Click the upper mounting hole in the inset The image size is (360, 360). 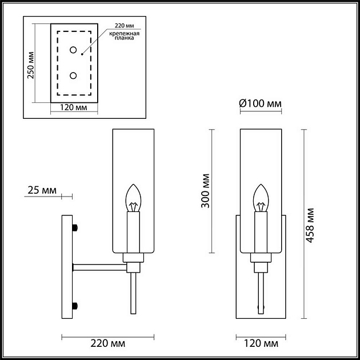click(x=73, y=51)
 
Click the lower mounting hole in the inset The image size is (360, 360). click(x=73, y=75)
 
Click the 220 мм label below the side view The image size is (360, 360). click(x=107, y=344)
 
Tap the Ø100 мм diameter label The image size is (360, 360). click(x=261, y=103)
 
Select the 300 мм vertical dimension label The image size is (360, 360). click(x=206, y=190)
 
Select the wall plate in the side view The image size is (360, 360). click(x=67, y=266)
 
